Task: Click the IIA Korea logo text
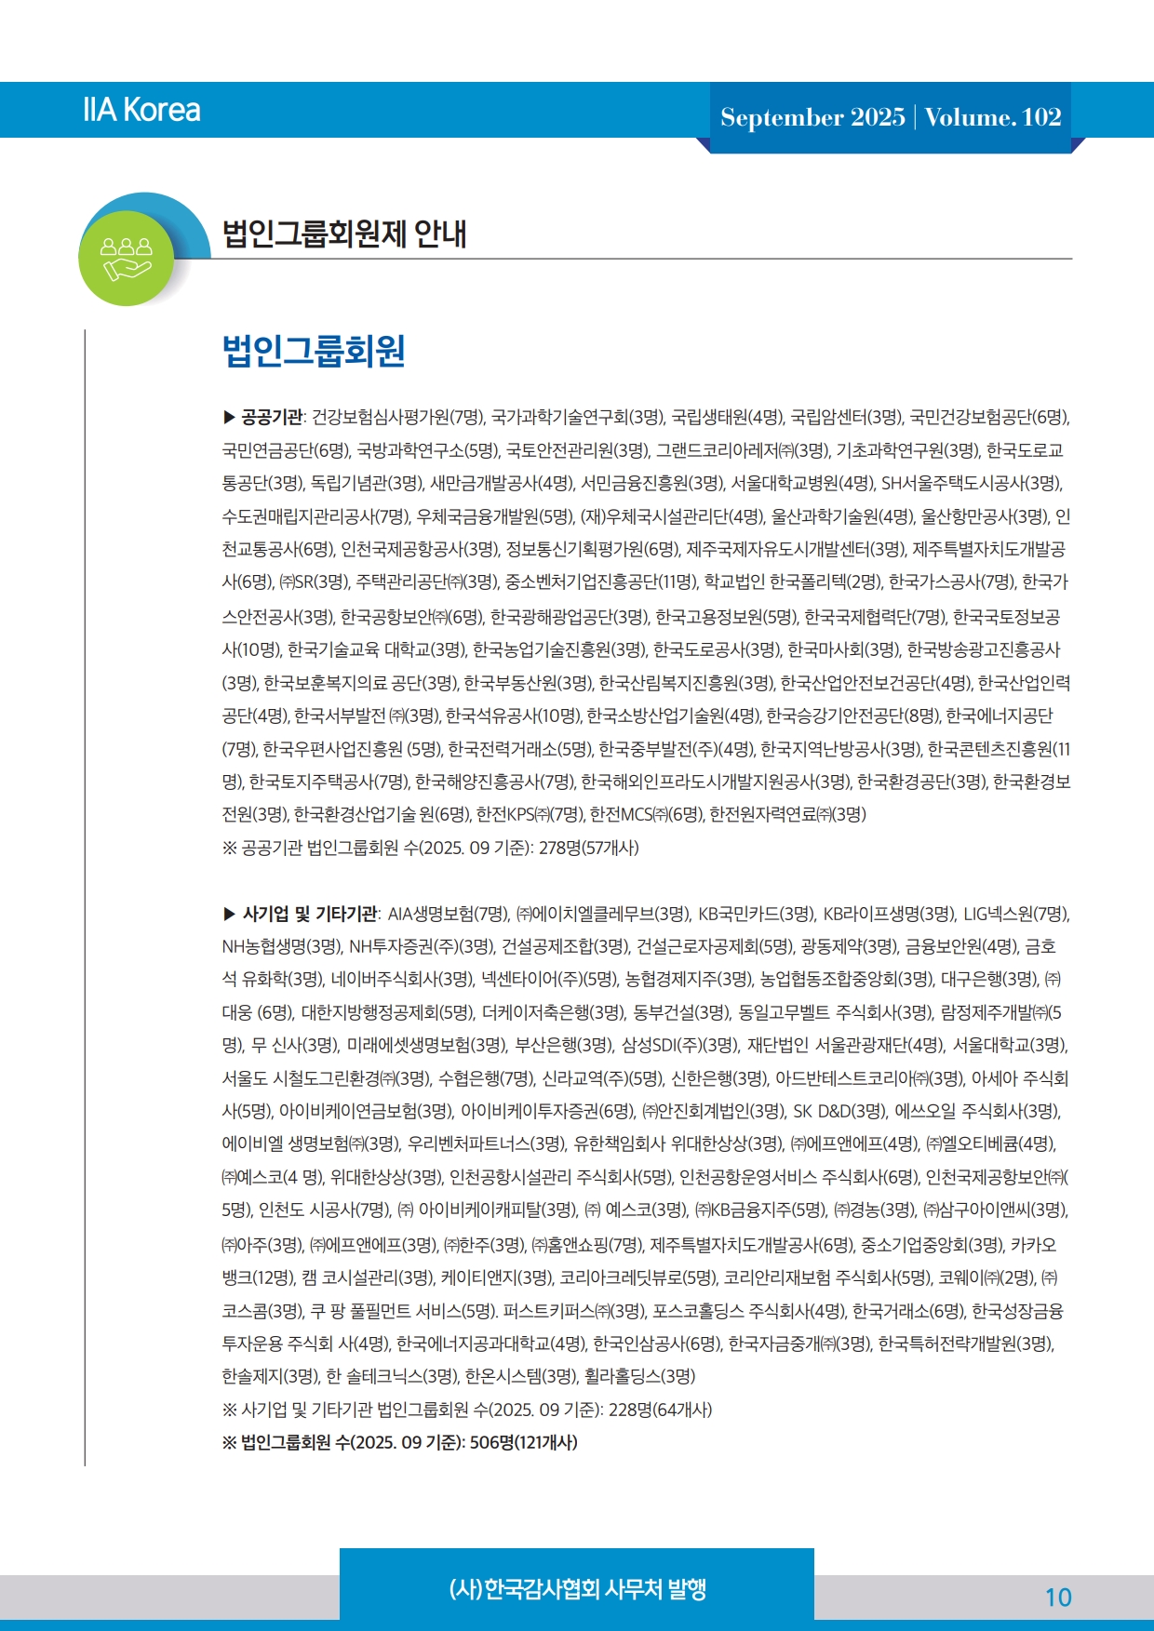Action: click(x=141, y=110)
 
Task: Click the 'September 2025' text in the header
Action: click(x=812, y=117)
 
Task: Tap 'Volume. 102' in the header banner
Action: click(x=993, y=117)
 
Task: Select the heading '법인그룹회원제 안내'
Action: click(x=344, y=233)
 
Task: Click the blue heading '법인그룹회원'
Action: click(x=314, y=351)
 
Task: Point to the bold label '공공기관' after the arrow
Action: click(x=272, y=417)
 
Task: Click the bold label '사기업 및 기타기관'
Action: click(x=310, y=914)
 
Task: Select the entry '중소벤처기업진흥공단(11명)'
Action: click(x=600, y=582)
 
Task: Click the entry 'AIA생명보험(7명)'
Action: click(x=449, y=914)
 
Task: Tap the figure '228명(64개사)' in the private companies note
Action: click(x=660, y=1410)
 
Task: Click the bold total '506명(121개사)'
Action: click(x=524, y=1442)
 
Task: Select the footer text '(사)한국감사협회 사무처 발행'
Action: click(x=577, y=1588)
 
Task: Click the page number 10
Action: click(x=1058, y=1598)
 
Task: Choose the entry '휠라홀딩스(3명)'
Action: click(x=639, y=1376)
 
